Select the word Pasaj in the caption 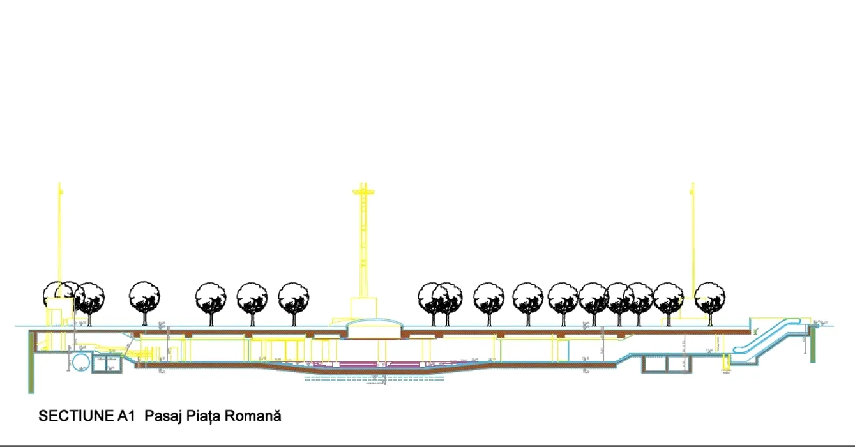(160, 416)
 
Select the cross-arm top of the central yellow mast (363, 190)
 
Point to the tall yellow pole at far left (60, 243)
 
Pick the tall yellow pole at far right (692, 243)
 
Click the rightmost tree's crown (709, 297)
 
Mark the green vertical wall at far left (31, 361)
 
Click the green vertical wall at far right (813, 345)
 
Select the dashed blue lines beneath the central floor (374, 379)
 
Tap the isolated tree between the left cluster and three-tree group (144, 298)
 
